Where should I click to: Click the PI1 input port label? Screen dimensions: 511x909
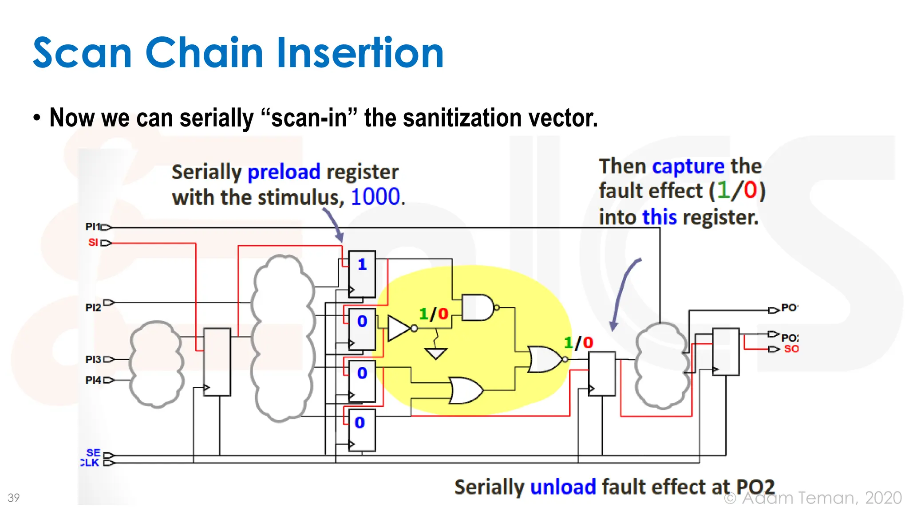coord(93,227)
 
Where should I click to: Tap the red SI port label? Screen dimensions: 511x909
coord(93,243)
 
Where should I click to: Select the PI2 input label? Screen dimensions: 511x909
coord(93,307)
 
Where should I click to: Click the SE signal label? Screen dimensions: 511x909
coord(93,452)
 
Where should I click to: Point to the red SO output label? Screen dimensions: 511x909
coord(791,349)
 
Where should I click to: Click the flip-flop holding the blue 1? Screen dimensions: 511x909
coord(362,274)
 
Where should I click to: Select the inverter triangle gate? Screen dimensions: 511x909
coord(399,329)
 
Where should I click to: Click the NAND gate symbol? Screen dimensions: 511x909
coord(478,307)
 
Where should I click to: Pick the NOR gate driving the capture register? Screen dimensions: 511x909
coord(544,359)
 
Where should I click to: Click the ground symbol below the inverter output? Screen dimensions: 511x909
coord(436,353)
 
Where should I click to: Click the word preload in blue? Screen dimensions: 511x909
coord(284,172)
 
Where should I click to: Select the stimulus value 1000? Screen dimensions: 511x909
coord(375,197)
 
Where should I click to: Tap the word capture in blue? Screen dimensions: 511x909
coord(688,166)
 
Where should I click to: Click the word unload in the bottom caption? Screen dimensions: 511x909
coord(563,487)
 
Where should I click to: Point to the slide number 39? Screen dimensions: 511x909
coord(14,498)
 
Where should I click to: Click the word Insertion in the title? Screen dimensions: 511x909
coord(360,53)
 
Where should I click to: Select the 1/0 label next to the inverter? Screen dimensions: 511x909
coord(434,314)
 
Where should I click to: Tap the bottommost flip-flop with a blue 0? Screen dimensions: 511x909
coord(361,430)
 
